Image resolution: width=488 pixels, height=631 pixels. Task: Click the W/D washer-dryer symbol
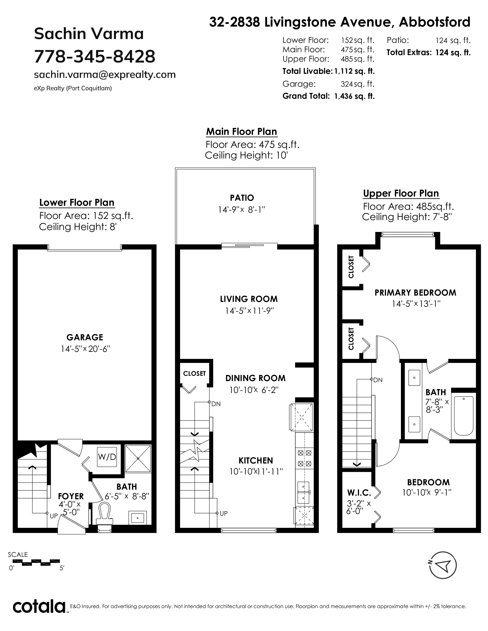107,457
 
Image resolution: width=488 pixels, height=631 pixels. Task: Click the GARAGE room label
85,337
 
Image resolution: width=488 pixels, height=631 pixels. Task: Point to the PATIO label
242,198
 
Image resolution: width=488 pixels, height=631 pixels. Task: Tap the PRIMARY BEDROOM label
415,293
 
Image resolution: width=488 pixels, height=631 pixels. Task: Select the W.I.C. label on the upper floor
359,492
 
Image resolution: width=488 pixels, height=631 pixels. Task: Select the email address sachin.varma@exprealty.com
105,75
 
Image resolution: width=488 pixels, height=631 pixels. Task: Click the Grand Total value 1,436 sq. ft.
354,96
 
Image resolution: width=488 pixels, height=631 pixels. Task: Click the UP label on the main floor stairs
224,513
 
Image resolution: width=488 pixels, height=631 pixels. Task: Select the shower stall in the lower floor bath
138,459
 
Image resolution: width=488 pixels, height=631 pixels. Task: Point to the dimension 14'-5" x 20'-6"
85,349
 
